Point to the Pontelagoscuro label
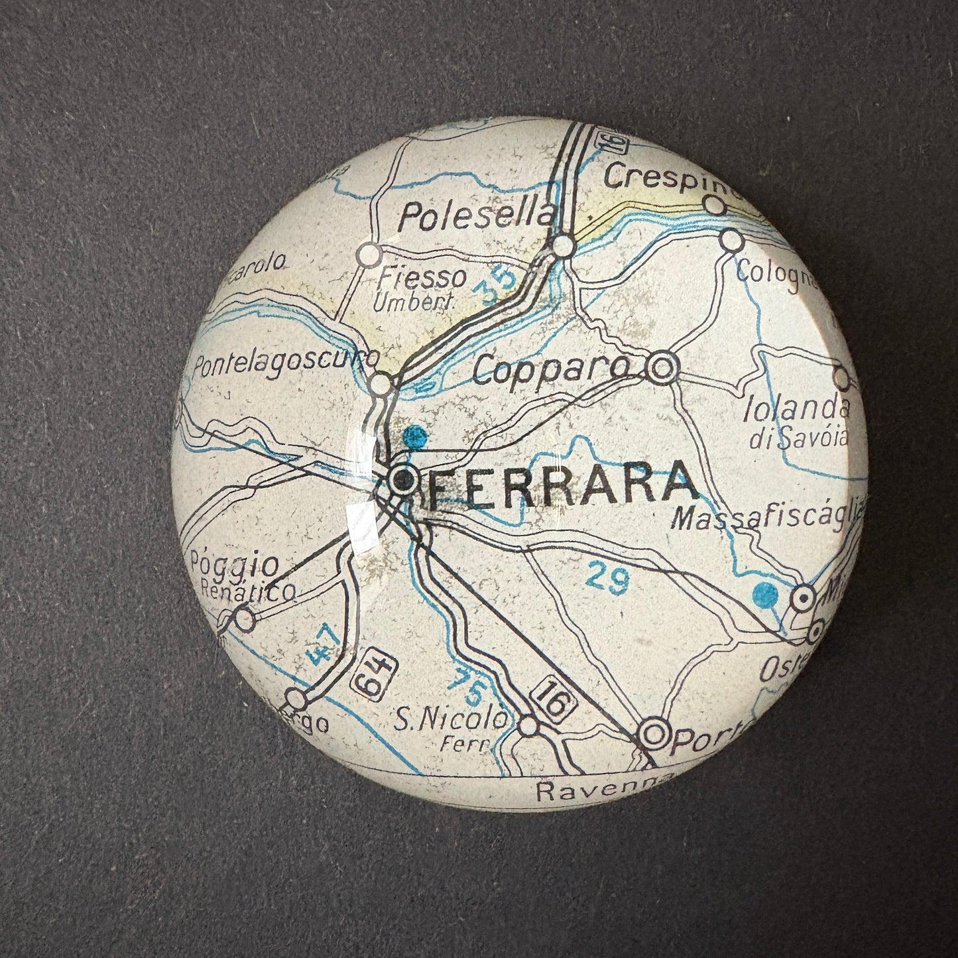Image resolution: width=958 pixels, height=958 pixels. click(285, 363)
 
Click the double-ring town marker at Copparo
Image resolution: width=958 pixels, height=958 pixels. click(662, 368)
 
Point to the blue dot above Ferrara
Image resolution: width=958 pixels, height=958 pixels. click(416, 436)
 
